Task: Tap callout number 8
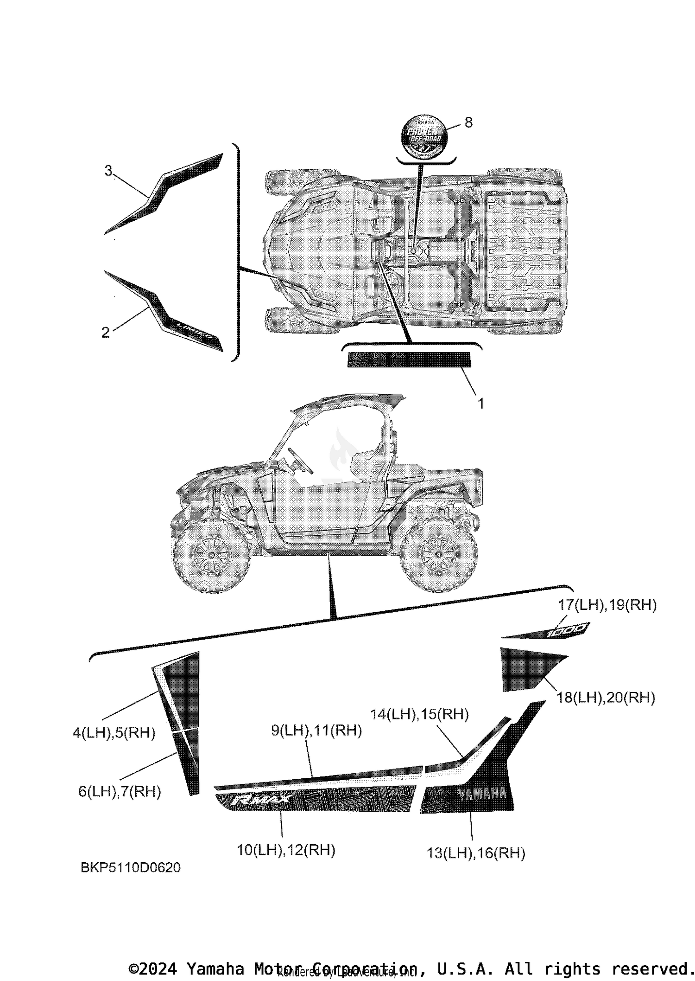pos(468,122)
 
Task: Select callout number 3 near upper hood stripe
pos(108,171)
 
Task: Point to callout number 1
pos(480,404)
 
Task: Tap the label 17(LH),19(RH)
pos(607,605)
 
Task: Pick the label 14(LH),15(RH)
pos(419,714)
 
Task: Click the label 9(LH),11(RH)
pos(316,731)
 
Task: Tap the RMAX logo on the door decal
pos(261,800)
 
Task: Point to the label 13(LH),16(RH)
pos(476,853)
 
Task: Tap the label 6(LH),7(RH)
pos(120,791)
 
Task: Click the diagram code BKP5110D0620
pos(131,867)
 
